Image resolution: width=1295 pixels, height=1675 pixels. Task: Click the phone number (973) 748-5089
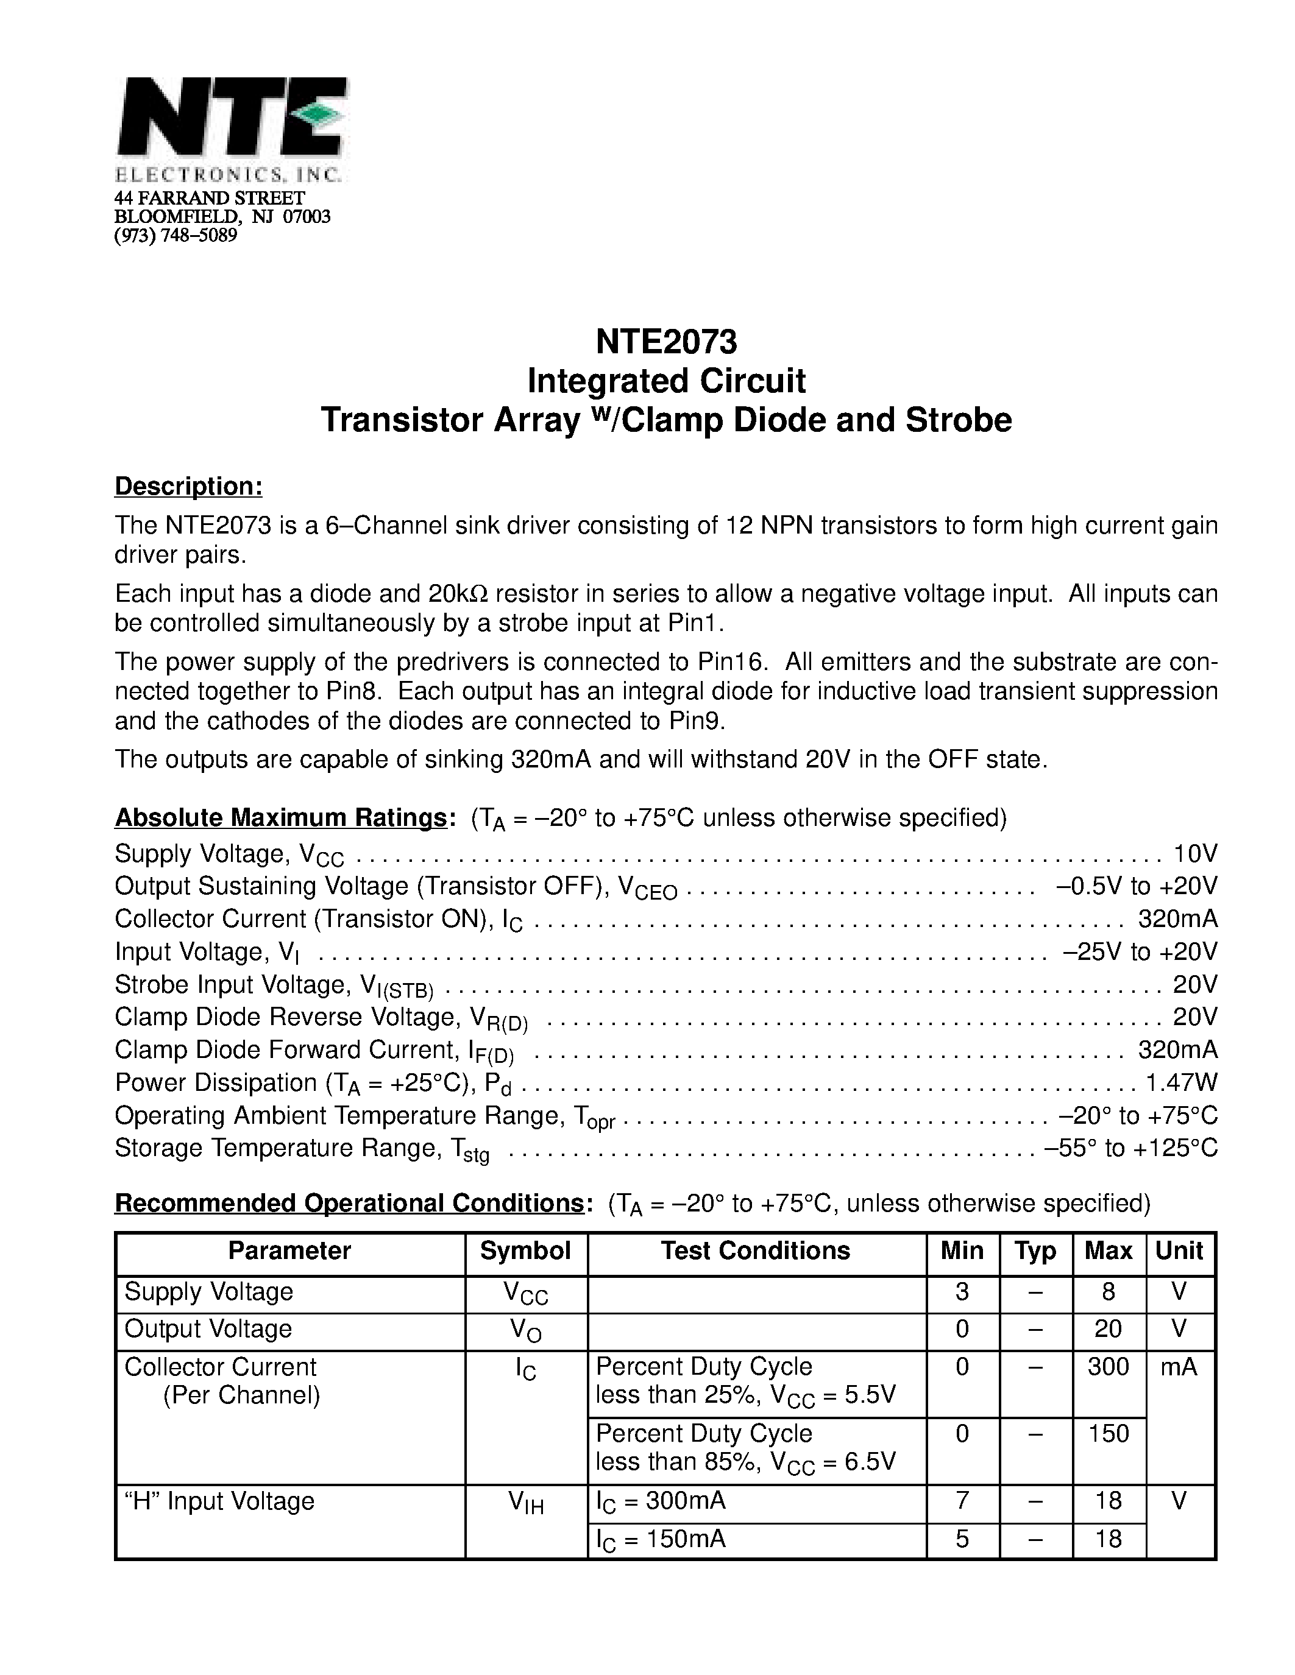click(x=176, y=236)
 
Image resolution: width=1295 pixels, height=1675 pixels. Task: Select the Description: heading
click(x=189, y=486)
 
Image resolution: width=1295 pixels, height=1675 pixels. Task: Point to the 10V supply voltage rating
click(x=1195, y=853)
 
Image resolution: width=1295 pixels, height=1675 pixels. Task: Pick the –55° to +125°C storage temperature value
click(x=1131, y=1148)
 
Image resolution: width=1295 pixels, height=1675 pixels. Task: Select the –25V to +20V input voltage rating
click(x=1140, y=952)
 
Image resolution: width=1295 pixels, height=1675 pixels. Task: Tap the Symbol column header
click(x=525, y=1251)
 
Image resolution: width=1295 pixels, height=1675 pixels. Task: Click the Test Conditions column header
click(x=756, y=1251)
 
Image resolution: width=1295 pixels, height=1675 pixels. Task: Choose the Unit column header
click(x=1179, y=1251)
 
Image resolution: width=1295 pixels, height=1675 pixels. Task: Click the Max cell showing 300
click(x=1109, y=1367)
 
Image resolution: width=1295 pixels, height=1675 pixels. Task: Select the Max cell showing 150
click(x=1109, y=1433)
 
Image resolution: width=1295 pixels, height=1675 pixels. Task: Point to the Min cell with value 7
click(x=962, y=1501)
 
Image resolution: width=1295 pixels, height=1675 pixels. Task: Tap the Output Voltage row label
click(x=208, y=1329)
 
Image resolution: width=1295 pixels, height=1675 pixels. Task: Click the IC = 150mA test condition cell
click(x=661, y=1539)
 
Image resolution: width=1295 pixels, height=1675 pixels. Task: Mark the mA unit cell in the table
click(x=1179, y=1367)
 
